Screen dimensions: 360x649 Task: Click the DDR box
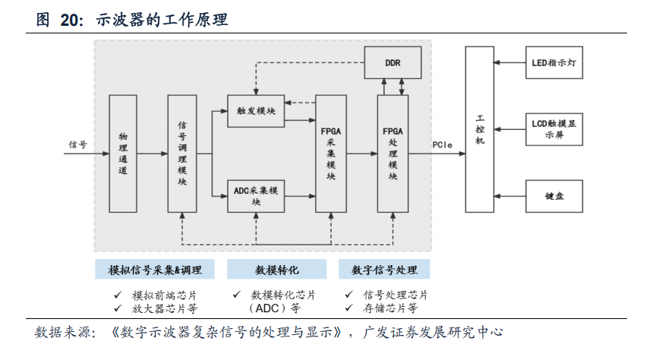pos(393,62)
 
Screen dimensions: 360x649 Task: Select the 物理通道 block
pos(122,153)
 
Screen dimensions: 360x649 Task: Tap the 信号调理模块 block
pos(181,153)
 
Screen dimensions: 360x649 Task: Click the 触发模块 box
pos(256,111)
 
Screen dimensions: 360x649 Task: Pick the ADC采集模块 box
pos(256,196)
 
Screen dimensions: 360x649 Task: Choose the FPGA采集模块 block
pos(330,153)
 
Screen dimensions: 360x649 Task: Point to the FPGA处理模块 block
pos(392,153)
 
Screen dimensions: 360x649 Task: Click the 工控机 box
pos(479,129)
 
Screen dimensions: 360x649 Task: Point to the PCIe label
pos(444,144)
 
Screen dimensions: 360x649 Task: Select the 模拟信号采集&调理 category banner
pos(154,270)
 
